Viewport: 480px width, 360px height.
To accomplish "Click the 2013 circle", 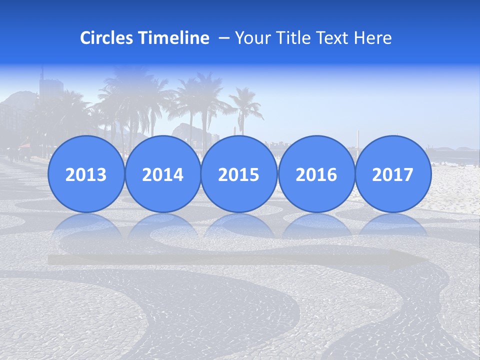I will (86, 174).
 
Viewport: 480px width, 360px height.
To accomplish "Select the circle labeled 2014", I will (162, 174).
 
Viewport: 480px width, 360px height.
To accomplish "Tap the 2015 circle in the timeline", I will (239, 174).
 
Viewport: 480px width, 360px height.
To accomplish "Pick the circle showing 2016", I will (316, 174).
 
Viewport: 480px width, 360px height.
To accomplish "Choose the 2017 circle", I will (392, 174).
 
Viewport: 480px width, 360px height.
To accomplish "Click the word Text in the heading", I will (333, 38).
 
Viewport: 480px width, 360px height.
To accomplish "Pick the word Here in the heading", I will (373, 38).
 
